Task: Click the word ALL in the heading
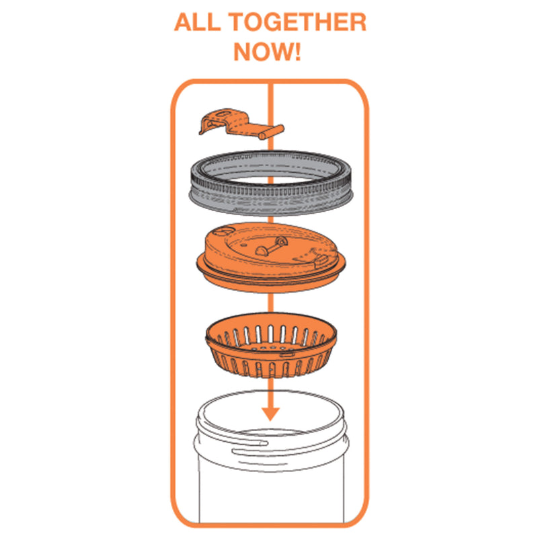pyautogui.click(x=197, y=22)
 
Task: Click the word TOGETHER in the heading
pyautogui.click(x=297, y=22)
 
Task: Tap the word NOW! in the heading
pyautogui.click(x=267, y=52)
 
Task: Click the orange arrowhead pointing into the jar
pyautogui.click(x=270, y=414)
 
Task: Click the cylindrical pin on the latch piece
pyautogui.click(x=272, y=132)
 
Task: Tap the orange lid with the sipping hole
pyautogui.click(x=271, y=258)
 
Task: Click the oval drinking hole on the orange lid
pyautogui.click(x=223, y=230)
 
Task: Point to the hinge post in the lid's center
pyautogui.click(x=271, y=246)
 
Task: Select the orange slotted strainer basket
pyautogui.click(x=271, y=345)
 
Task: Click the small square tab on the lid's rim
pyautogui.click(x=321, y=262)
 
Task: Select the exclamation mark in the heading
pyautogui.click(x=297, y=52)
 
